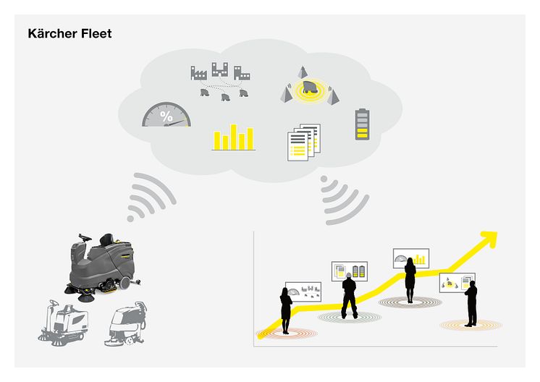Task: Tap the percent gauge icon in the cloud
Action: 166,115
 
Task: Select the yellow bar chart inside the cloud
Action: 233,137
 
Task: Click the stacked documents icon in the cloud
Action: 303,143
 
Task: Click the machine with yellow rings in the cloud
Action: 309,89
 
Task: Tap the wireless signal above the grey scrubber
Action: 151,198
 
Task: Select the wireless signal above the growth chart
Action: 342,198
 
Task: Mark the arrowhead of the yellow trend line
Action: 489,239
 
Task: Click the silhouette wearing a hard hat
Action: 349,293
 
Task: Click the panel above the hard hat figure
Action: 349,271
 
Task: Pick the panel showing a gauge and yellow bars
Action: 410,258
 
